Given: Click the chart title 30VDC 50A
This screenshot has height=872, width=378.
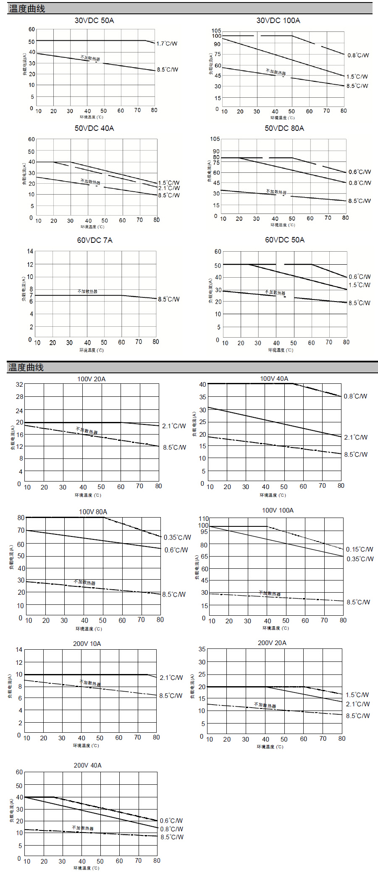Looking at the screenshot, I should pyautogui.click(x=94, y=21).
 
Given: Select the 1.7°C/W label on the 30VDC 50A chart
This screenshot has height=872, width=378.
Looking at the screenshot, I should pyautogui.click(x=167, y=44).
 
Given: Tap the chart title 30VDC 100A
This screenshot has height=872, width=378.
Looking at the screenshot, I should pyautogui.click(x=278, y=21).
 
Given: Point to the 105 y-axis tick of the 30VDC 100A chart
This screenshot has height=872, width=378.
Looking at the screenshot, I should pyautogui.click(x=216, y=31).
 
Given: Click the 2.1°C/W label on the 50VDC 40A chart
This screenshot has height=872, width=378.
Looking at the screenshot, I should pyautogui.click(x=169, y=188).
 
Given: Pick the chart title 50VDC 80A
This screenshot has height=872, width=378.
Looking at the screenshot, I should pyautogui.click(x=284, y=128).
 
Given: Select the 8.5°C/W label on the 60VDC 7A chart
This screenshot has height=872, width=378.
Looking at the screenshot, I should pyautogui.click(x=169, y=299).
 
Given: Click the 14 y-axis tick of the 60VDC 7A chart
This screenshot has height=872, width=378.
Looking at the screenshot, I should pyautogui.click(x=30, y=251).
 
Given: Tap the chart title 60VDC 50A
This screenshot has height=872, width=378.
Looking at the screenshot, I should pyautogui.click(x=284, y=240).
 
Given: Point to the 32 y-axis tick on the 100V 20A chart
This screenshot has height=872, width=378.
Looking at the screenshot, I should pyautogui.click(x=20, y=384).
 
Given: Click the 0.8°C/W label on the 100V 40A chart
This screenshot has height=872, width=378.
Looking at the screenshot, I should pyautogui.click(x=355, y=396).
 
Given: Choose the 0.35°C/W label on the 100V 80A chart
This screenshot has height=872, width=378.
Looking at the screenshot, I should pyautogui.click(x=177, y=537).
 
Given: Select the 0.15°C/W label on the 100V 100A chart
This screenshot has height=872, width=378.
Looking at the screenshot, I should pyautogui.click(x=360, y=549).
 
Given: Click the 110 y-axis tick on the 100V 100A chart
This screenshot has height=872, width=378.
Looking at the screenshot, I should pyautogui.click(x=204, y=518).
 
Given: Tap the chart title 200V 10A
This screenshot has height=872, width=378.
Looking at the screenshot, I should pyautogui.click(x=87, y=643).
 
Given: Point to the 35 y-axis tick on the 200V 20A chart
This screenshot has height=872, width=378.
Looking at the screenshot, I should pyautogui.click(x=202, y=649).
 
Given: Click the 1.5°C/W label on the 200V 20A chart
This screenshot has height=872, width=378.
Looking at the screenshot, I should pyautogui.click(x=357, y=695).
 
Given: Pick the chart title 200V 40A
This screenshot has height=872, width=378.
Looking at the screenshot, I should pyautogui.click(x=87, y=765).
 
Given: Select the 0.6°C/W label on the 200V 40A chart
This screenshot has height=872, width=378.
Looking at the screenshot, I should pyautogui.click(x=171, y=820).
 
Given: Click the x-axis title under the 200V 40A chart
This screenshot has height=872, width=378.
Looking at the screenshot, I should pyautogui.click(x=87, y=868).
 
